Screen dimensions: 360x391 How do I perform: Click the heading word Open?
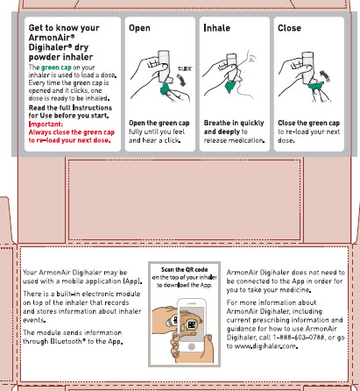coord(139,28)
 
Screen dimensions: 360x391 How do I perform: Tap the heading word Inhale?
coord(217,28)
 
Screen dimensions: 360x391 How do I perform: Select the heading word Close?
coord(289,28)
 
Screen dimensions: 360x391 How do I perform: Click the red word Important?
coord(46,124)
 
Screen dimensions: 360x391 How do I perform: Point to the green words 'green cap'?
coord(56,68)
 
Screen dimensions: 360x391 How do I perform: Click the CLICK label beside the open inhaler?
coord(185,69)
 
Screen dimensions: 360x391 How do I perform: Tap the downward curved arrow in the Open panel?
coord(181,80)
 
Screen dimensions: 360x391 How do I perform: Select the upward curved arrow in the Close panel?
coord(325,75)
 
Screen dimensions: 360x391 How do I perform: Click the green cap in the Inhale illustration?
coord(230,87)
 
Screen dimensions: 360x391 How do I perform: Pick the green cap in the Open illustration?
coord(166,89)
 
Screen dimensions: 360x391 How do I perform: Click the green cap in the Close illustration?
coord(315,86)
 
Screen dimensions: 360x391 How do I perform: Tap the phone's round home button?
coord(192,346)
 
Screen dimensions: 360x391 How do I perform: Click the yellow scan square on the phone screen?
coord(192,324)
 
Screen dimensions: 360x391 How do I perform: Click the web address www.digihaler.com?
coord(265,346)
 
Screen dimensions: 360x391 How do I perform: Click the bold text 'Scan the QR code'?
coord(185,269)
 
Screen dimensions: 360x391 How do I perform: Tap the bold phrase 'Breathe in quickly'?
coord(234,123)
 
